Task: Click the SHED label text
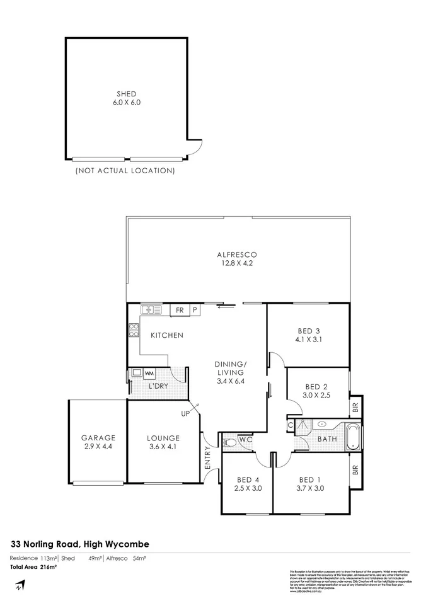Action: (x=126, y=94)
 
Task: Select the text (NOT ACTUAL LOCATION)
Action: (x=125, y=170)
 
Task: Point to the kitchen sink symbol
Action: (x=151, y=309)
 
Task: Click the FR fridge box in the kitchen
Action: (x=180, y=310)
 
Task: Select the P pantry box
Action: (x=195, y=310)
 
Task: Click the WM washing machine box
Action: (x=149, y=373)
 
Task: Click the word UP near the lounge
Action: (x=186, y=414)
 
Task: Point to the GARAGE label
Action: (x=98, y=438)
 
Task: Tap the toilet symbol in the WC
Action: (x=230, y=444)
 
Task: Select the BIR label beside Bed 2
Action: (x=356, y=408)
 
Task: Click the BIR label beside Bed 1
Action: (x=356, y=469)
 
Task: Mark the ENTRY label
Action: (x=208, y=457)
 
